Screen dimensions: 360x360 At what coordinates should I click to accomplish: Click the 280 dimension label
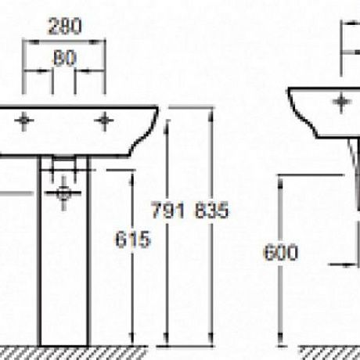point(65,27)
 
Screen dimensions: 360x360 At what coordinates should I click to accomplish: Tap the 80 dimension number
point(65,58)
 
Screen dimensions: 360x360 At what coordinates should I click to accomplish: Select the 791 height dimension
point(168,211)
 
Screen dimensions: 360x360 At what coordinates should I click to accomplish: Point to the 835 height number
point(211,211)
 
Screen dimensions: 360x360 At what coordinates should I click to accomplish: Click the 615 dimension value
point(133,239)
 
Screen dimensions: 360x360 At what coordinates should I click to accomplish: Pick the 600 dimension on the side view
point(281,253)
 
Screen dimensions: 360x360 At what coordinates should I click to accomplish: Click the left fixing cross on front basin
point(24,121)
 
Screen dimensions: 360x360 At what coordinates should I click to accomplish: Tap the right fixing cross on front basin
point(104,121)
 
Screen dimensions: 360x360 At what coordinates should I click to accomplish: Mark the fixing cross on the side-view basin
point(342,102)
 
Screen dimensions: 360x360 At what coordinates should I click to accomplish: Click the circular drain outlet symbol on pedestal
point(63,193)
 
